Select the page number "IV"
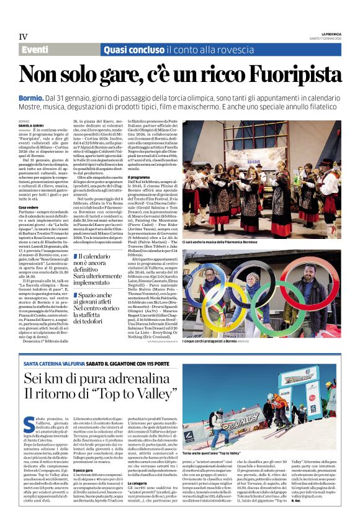(24, 35)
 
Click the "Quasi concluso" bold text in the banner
(130, 49)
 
